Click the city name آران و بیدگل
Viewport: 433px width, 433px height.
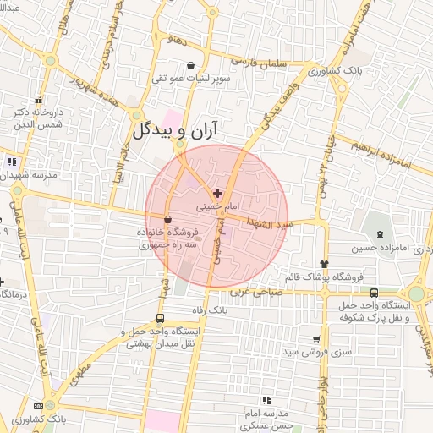(x=175, y=129)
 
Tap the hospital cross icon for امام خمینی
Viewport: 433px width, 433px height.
(x=217, y=193)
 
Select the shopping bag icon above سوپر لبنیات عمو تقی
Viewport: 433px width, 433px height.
(x=190, y=65)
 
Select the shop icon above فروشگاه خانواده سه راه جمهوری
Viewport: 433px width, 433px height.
(x=167, y=220)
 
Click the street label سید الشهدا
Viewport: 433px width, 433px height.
(x=268, y=222)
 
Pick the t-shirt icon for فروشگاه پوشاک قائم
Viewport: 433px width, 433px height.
(x=323, y=264)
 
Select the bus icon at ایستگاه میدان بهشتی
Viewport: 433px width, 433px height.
(x=161, y=319)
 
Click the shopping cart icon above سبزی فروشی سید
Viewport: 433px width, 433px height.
(x=316, y=338)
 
